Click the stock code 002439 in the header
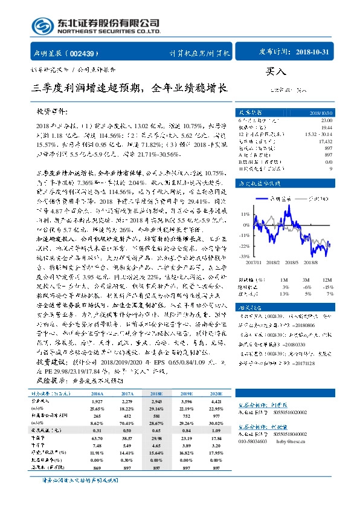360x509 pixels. tap(85, 53)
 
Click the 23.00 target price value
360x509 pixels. tap(326, 120)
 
